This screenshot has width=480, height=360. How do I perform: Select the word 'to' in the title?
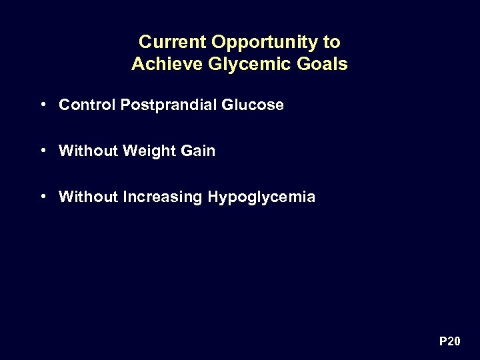tap(331, 42)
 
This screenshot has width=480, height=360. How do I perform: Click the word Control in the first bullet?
tap(87, 105)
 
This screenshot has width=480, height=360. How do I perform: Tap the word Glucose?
tap(257, 105)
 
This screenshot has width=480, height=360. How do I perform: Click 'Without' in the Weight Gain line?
tap(89, 151)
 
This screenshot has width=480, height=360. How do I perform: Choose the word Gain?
tap(197, 151)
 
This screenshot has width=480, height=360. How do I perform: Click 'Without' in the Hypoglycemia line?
tap(89, 197)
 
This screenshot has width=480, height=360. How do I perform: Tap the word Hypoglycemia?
tap(262, 197)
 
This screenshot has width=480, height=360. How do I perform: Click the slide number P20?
tap(449, 341)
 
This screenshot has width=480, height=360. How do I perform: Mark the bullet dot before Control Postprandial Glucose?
tap(42, 105)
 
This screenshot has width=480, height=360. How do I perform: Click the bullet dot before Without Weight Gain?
tap(42, 151)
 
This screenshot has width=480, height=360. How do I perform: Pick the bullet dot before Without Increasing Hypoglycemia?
tap(42, 197)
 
